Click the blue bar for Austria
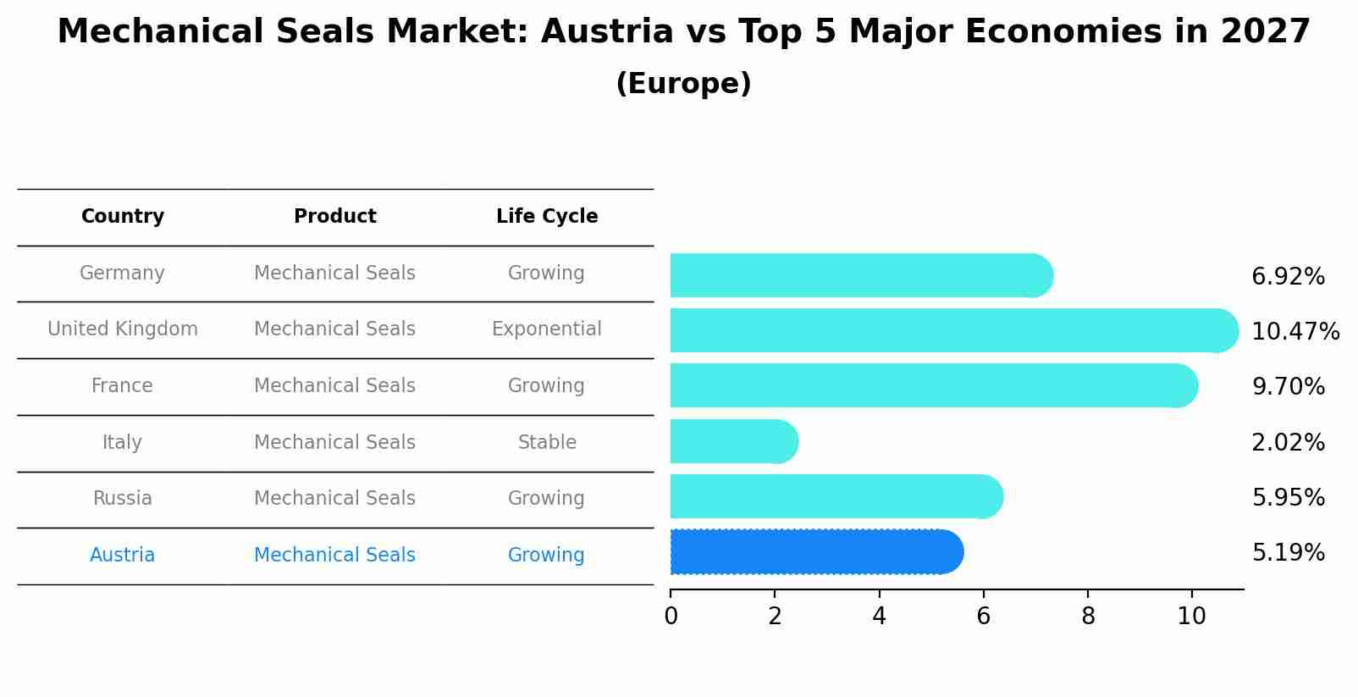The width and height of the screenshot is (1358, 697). (815, 552)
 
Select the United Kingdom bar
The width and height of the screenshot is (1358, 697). (952, 330)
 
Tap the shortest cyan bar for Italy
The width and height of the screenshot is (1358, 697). (733, 441)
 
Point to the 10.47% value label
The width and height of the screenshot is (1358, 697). (1295, 331)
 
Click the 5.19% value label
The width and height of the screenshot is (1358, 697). (1288, 553)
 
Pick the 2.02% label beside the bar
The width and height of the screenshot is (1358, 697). (1288, 442)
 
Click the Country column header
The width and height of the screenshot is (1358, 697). (123, 217)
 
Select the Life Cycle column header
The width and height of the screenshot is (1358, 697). (547, 217)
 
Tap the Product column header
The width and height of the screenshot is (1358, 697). (335, 217)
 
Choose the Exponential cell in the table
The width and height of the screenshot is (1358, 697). (547, 329)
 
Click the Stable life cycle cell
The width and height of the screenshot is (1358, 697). (547, 442)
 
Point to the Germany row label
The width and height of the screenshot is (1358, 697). (122, 274)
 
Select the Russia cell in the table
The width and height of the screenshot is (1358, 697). (123, 499)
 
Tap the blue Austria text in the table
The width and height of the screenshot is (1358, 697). (123, 556)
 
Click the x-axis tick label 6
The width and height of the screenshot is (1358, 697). (983, 617)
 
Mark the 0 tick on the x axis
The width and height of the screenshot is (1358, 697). (671, 617)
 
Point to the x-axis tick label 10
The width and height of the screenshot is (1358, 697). (1191, 617)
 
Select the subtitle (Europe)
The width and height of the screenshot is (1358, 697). (683, 84)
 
